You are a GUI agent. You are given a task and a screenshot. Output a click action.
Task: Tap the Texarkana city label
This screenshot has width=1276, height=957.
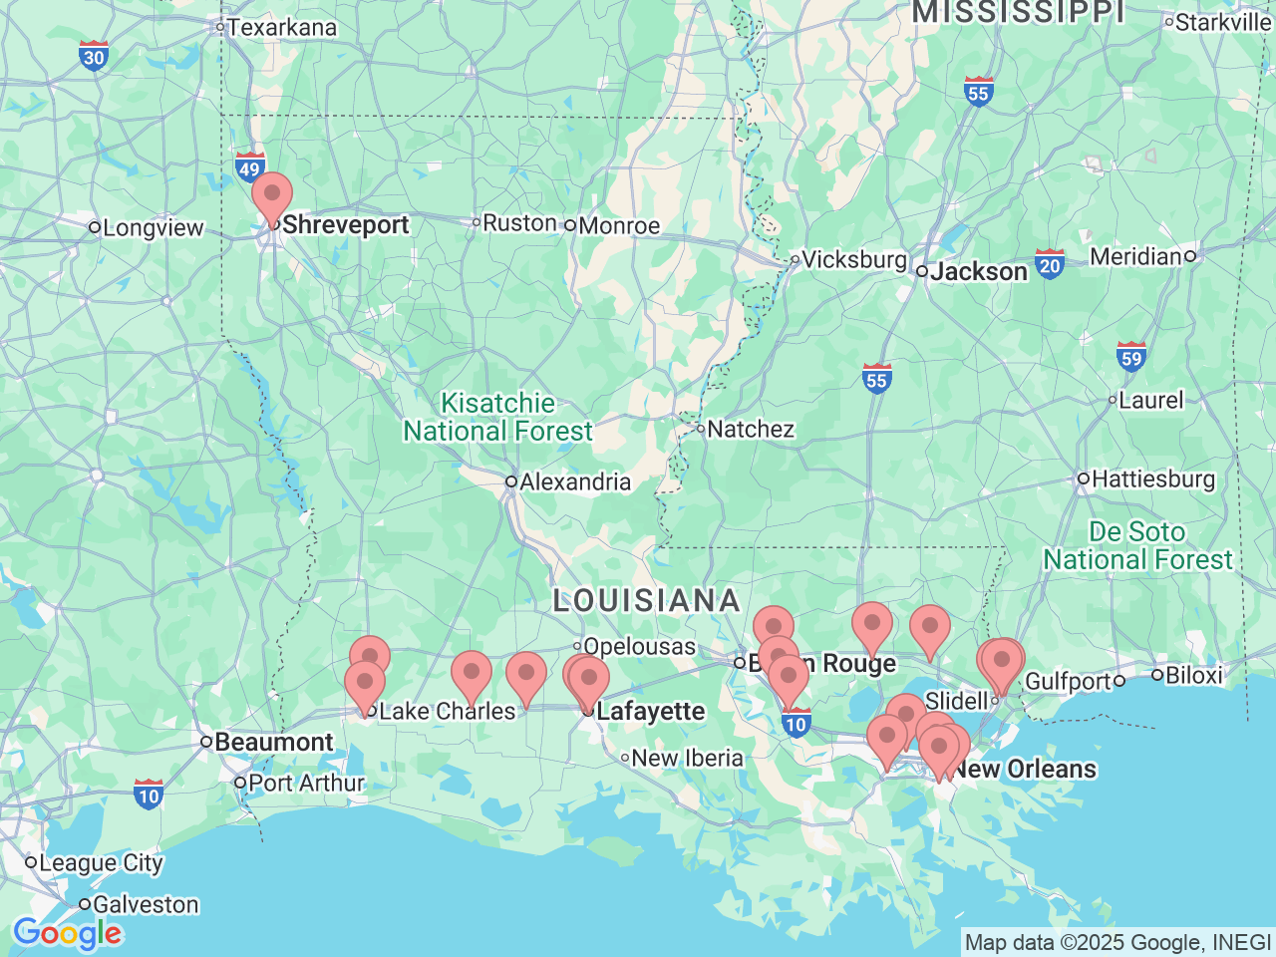point(281,27)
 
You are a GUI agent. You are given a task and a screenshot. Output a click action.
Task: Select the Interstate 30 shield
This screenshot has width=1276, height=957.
point(94,56)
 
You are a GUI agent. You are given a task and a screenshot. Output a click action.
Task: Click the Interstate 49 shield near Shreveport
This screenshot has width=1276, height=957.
point(249,168)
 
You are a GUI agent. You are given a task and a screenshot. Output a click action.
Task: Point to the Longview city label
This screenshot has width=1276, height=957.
point(153,228)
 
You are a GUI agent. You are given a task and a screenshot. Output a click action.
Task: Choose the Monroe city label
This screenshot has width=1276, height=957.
point(618,226)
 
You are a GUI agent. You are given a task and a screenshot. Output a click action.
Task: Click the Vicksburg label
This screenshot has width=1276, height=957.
point(853,260)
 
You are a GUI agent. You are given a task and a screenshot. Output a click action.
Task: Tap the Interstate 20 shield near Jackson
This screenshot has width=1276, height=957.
point(1049,265)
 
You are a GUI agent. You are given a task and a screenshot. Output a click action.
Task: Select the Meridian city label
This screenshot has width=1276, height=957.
point(1135,257)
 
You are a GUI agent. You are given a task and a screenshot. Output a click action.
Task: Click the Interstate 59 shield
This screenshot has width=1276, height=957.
point(1130,358)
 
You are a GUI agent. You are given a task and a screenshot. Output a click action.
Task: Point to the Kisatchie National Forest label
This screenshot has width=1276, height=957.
point(498,418)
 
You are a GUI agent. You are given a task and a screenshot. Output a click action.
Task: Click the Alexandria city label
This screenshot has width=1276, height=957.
point(574,482)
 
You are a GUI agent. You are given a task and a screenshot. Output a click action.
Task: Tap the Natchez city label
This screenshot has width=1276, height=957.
point(750,430)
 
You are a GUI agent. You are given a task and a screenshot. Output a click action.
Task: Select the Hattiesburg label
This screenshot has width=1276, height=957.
point(1152,479)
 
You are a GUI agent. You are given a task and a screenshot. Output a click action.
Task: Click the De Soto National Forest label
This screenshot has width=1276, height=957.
point(1137,546)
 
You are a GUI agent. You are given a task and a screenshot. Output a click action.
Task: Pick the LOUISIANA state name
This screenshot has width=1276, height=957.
point(647,601)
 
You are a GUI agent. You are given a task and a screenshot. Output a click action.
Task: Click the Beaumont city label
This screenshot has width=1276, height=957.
point(273,743)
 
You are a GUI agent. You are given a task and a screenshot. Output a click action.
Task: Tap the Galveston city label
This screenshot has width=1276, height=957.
point(146,905)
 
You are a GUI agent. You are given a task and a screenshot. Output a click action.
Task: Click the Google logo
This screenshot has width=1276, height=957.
point(67,934)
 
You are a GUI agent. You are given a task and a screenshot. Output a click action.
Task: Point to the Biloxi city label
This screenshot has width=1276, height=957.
point(1193,676)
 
